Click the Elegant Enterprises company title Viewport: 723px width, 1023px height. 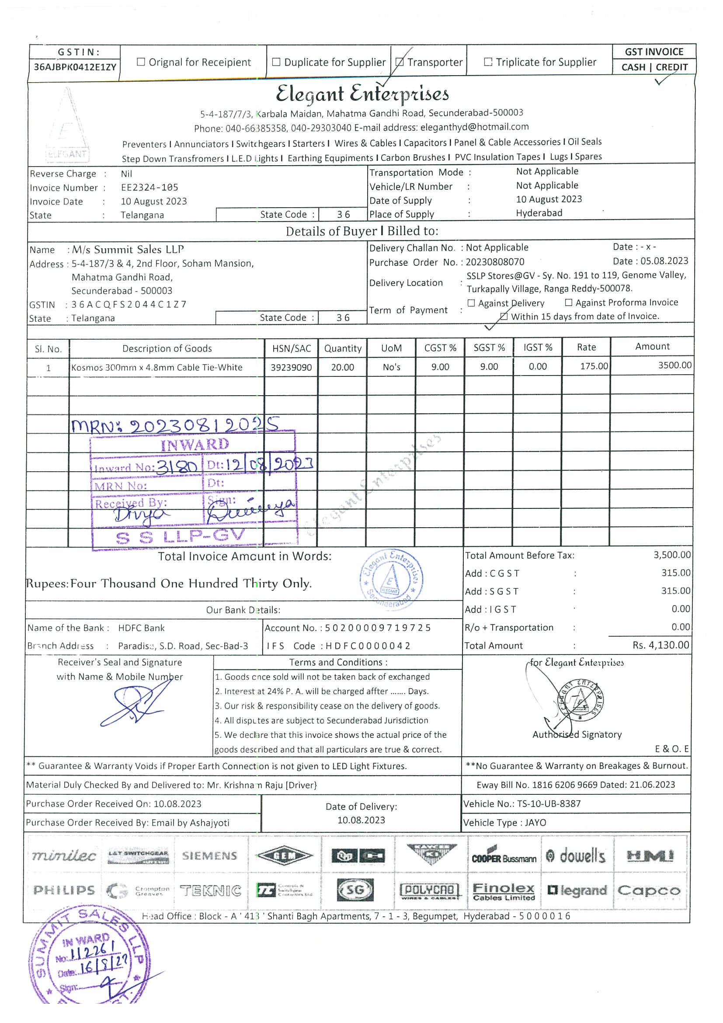pos(362,94)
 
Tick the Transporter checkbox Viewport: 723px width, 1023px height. pos(400,63)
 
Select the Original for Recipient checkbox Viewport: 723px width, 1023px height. pos(141,62)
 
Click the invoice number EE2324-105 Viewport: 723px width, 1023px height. pos(149,188)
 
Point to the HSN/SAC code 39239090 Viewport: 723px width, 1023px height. pos(291,368)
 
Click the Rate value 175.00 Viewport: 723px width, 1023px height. pos(593,366)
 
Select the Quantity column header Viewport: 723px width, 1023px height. pos(343,348)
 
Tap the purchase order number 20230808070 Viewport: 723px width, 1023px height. pos(495,262)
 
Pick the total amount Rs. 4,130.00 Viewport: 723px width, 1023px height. pos(660,645)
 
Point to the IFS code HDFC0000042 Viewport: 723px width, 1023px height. pos(368,646)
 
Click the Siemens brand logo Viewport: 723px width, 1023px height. pos(209,856)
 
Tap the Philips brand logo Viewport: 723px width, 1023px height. pos(64,890)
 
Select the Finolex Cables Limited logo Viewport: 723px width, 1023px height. pos(504,891)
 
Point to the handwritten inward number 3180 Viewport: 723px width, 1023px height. pos(177,466)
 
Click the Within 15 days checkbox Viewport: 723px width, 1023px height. pos(504,317)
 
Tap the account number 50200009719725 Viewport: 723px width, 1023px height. pos(378,628)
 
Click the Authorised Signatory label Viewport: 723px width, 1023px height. pos(577,734)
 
